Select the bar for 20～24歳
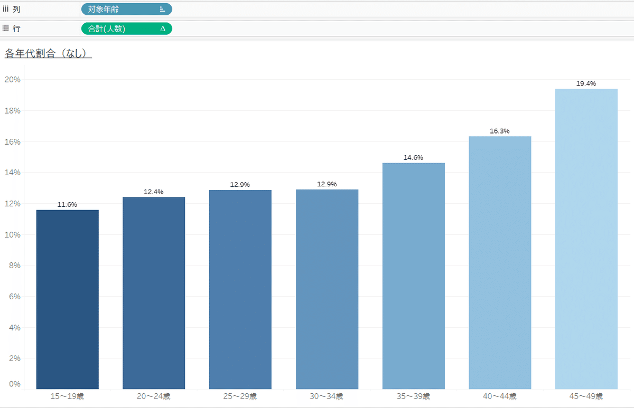point(154,293)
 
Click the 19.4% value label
point(586,83)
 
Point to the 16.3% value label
point(500,131)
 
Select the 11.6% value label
point(67,204)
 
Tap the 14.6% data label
point(413,157)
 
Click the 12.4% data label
point(154,192)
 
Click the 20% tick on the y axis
point(12,80)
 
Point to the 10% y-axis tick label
point(12,234)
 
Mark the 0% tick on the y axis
point(14,384)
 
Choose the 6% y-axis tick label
point(14,297)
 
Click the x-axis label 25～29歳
point(240,396)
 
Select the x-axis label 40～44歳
point(500,396)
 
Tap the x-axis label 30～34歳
point(327,396)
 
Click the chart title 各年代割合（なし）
point(48,53)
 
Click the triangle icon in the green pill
point(163,29)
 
